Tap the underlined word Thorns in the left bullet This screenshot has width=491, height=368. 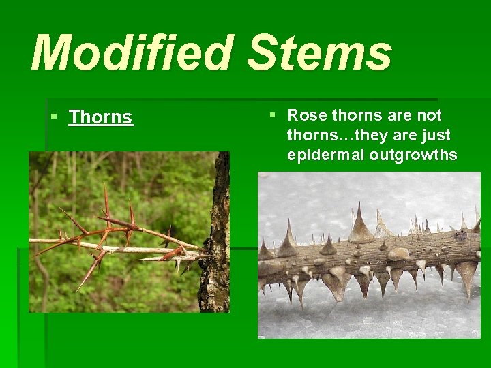point(100,117)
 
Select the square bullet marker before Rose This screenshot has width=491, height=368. point(273,115)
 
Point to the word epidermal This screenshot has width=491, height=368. point(325,155)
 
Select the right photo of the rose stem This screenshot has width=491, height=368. point(368,255)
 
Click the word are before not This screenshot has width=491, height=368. point(397,115)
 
